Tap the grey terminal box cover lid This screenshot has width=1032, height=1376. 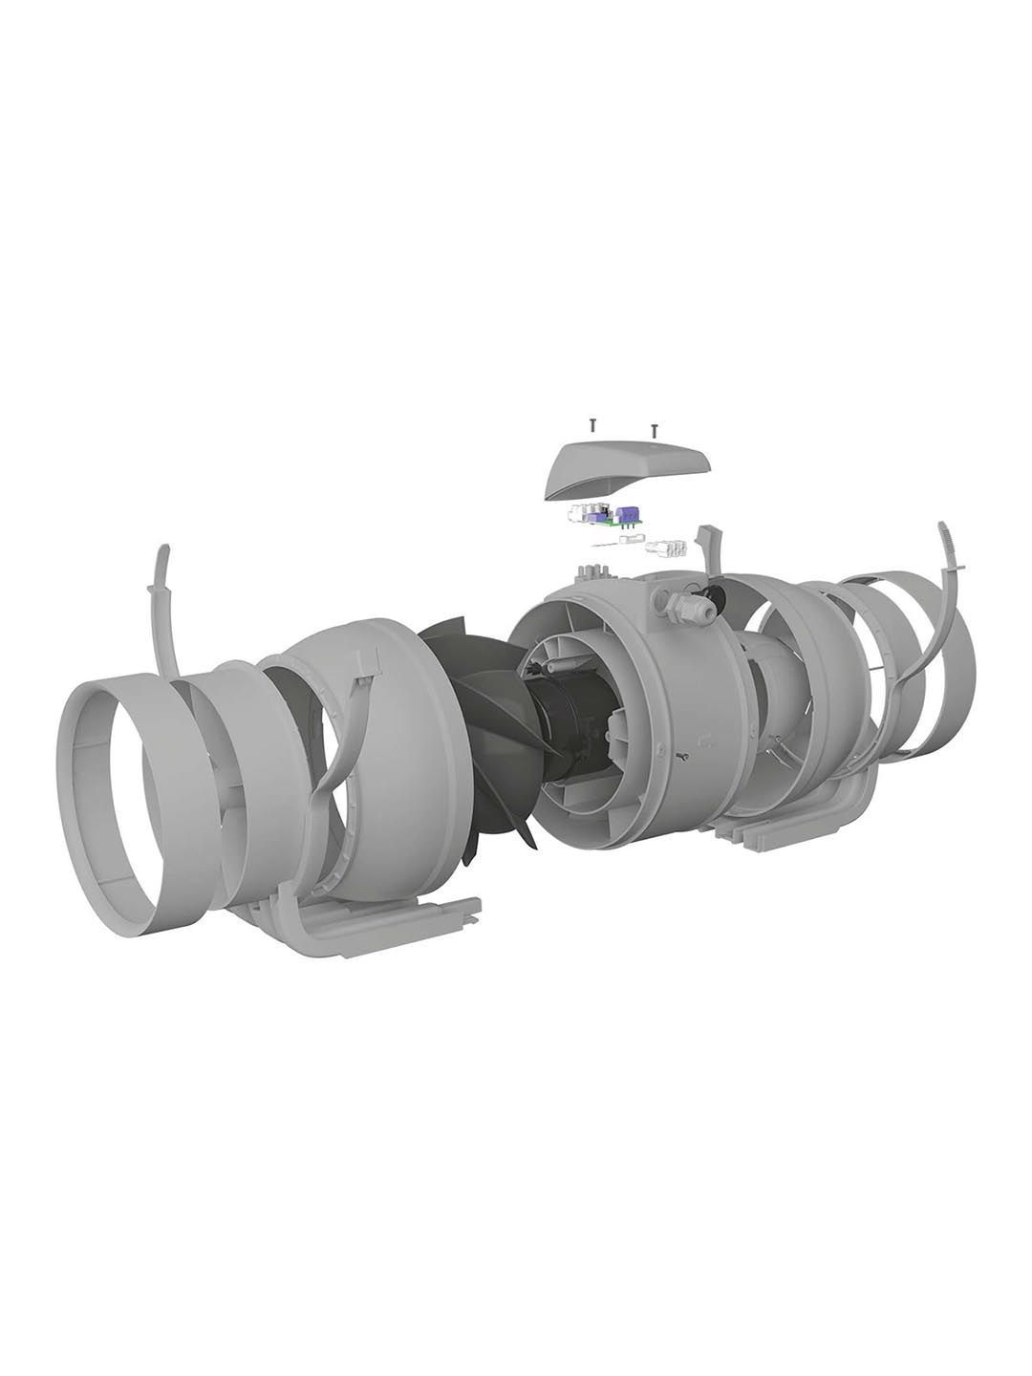pos(627,469)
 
